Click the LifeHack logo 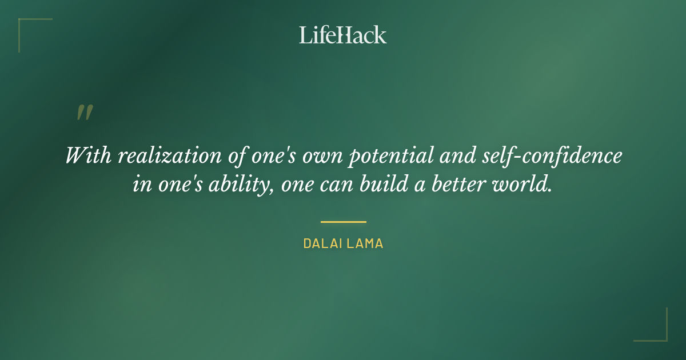pyautogui.click(x=343, y=35)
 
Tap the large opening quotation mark pyautogui.click(x=85, y=113)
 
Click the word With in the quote pyautogui.click(x=86, y=155)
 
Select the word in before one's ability pyautogui.click(x=139, y=185)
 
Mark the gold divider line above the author pyautogui.click(x=343, y=222)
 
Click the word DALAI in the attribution pyautogui.click(x=321, y=243)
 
